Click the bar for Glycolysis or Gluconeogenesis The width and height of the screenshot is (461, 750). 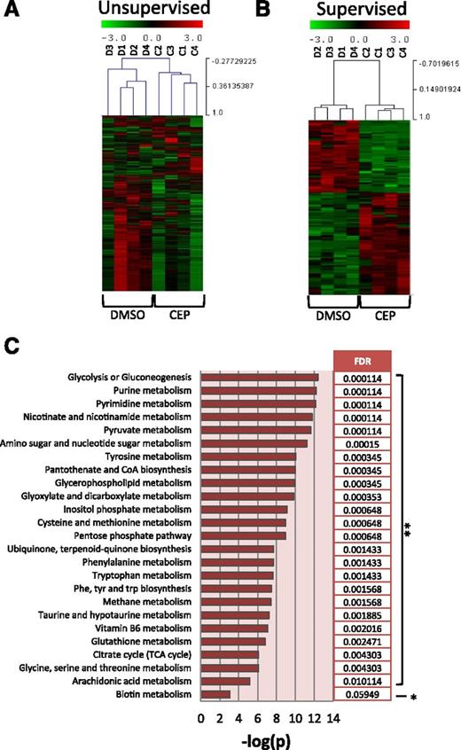coord(260,378)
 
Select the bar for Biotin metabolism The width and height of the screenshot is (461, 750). coord(215,694)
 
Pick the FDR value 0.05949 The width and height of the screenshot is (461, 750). coord(363,694)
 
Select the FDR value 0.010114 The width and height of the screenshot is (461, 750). coord(363,681)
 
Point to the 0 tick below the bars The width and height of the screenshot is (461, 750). coord(202,716)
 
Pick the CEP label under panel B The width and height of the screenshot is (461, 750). coord(384,317)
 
